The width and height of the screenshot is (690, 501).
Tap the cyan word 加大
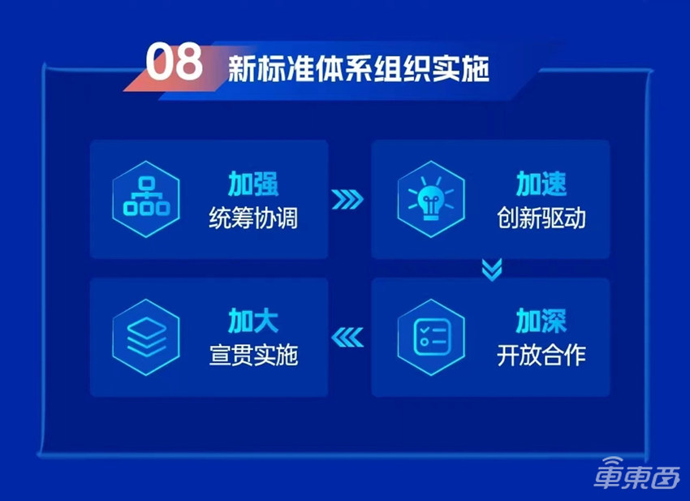click(253, 322)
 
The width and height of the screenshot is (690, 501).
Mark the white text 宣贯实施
click(253, 355)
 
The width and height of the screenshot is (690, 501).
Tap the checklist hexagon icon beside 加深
click(431, 337)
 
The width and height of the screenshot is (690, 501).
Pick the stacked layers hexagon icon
click(145, 337)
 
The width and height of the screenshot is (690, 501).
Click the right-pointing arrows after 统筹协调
click(349, 200)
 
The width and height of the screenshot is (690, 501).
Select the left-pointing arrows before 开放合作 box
click(349, 336)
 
